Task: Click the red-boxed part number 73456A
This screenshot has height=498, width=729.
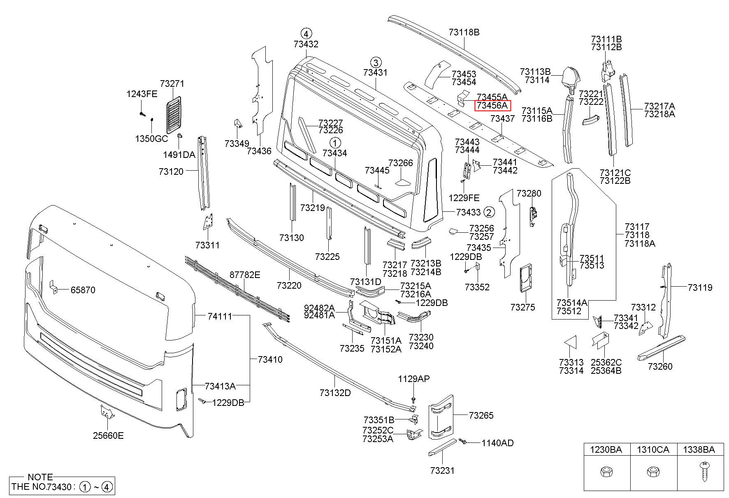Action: [492, 106]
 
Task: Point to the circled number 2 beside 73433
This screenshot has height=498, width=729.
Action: [489, 212]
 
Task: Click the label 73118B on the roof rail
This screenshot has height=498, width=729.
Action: [464, 32]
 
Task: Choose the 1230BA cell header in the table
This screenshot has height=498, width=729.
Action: [606, 450]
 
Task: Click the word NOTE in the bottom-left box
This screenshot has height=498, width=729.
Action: [40, 477]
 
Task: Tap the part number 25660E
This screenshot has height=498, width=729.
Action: [108, 435]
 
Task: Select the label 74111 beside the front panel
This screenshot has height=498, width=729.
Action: [219, 316]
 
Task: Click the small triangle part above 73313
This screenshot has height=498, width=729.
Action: [570, 342]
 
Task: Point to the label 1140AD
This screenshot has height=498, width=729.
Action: [497, 443]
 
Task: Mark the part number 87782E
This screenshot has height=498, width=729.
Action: [245, 275]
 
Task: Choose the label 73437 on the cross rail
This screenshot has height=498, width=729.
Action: [502, 118]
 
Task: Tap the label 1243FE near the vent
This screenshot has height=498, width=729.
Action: [142, 94]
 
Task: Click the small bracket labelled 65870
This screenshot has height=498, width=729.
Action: [53, 287]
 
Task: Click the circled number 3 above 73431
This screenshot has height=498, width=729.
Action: [375, 63]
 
